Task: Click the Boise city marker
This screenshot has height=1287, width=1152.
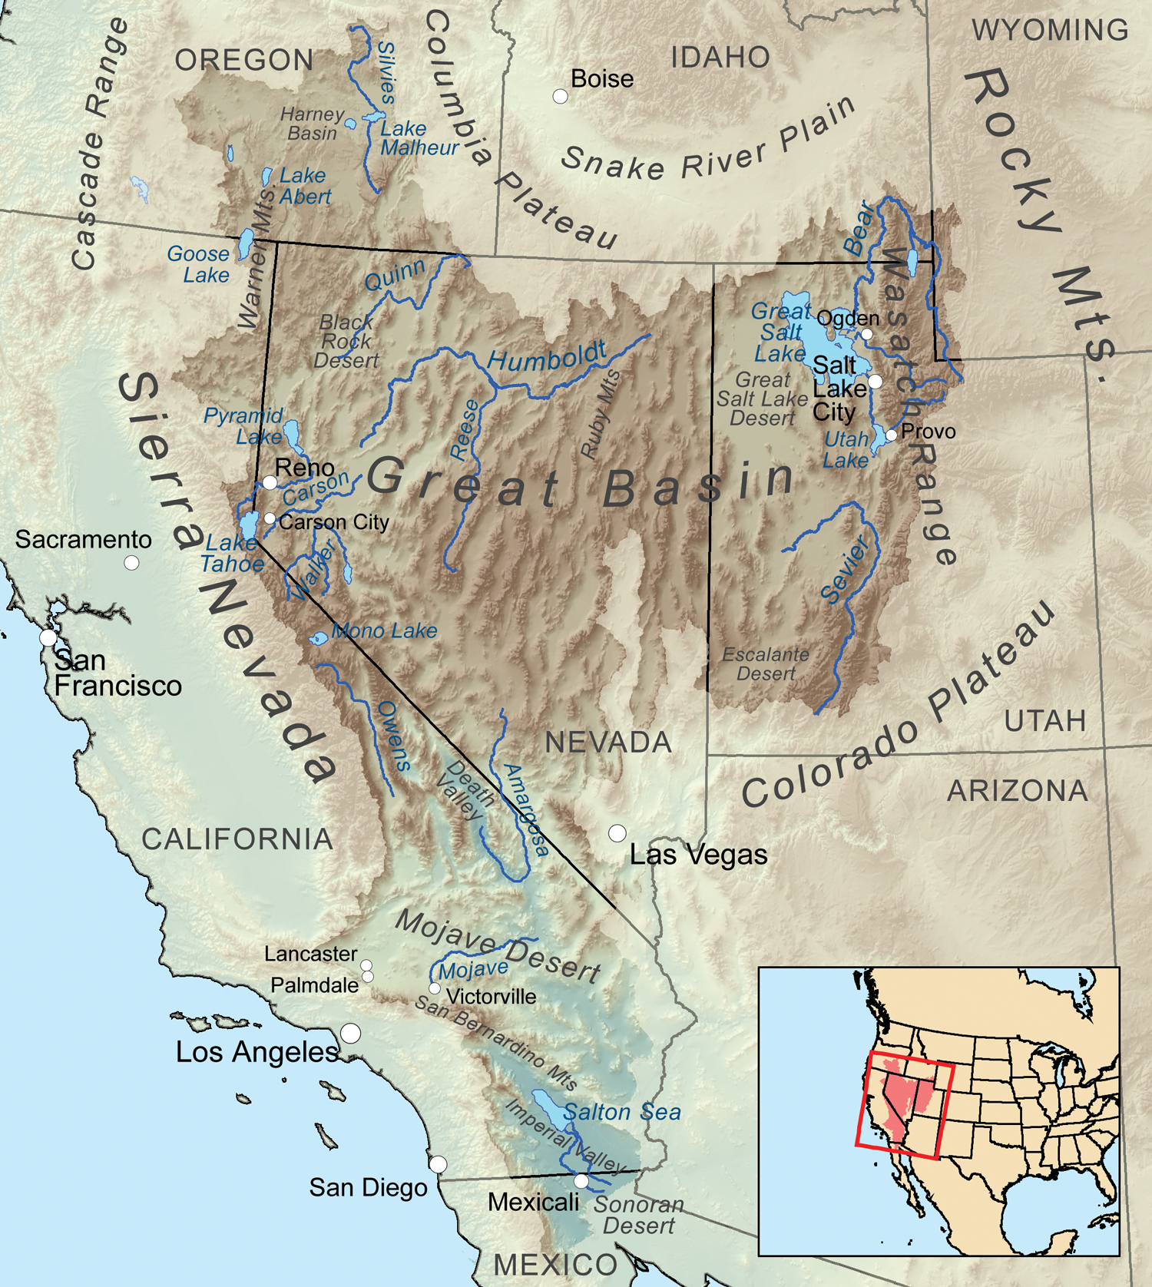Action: click(x=561, y=96)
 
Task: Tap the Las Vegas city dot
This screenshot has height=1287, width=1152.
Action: click(x=617, y=833)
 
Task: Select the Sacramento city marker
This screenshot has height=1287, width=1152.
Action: click(x=131, y=563)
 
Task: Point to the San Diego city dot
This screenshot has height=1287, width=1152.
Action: click(x=438, y=1163)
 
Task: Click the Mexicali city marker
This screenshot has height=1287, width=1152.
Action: click(x=581, y=1180)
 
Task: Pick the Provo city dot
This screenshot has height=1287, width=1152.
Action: click(x=891, y=435)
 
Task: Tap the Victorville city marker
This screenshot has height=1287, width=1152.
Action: click(x=435, y=988)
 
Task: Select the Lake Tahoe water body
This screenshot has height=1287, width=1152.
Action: click(x=249, y=526)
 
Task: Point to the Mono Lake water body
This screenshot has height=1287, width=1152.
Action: click(x=318, y=638)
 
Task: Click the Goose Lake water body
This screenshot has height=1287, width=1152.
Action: click(x=246, y=244)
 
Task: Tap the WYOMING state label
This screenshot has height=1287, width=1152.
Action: click(x=1050, y=31)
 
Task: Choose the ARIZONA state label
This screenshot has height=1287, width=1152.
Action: click(x=1017, y=791)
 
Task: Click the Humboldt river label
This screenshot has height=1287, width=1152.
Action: click(x=547, y=356)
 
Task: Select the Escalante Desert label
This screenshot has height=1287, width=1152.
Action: click(x=765, y=664)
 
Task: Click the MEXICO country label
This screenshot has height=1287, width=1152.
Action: click(x=554, y=1265)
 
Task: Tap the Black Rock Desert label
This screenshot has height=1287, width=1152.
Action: click(x=346, y=341)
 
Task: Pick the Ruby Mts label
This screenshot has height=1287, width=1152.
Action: click(x=601, y=415)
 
